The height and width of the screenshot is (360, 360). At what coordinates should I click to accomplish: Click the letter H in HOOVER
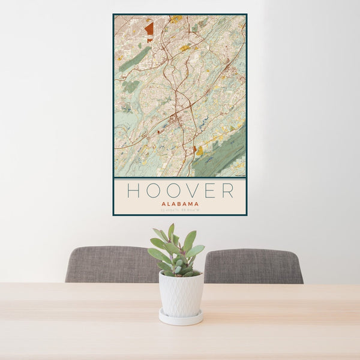[133, 190]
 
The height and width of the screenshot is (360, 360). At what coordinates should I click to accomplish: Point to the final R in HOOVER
[227, 190]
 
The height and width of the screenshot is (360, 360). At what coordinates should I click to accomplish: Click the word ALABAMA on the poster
[179, 203]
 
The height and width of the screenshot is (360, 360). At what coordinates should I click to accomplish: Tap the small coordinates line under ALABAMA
[179, 209]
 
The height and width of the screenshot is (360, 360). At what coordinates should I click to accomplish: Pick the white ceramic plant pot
[181, 293]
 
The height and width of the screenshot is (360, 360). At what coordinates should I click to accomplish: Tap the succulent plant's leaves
[177, 249]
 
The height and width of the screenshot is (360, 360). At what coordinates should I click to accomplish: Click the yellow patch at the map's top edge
[174, 19]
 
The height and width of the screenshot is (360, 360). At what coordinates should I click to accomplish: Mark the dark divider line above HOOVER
[180, 178]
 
